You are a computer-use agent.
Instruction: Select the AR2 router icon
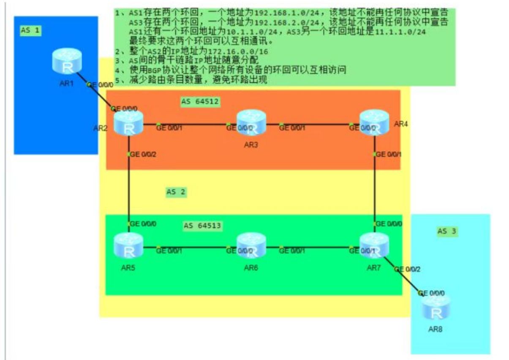(x=128, y=123)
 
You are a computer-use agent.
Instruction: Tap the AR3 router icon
(x=251, y=123)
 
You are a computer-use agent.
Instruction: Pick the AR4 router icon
(x=374, y=122)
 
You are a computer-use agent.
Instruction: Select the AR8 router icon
(x=436, y=308)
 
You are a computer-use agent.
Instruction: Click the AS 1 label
(x=30, y=30)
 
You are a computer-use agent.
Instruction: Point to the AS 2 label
(x=176, y=192)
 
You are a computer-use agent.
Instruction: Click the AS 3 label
(x=447, y=231)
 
